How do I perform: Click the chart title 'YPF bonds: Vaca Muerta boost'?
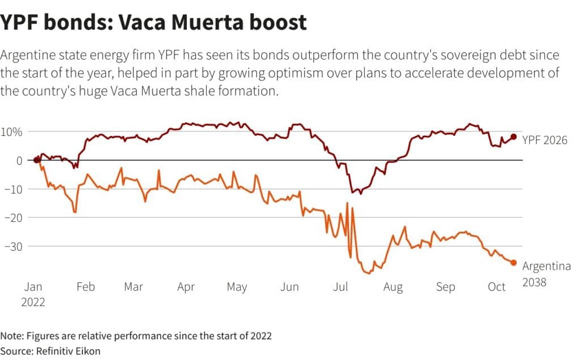point(153,23)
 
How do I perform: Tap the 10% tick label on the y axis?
point(11,132)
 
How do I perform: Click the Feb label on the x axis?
point(85,287)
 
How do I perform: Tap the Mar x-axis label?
point(133,287)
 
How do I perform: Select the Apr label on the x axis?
point(186,287)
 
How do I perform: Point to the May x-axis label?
point(237,287)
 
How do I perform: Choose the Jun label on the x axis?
point(289,287)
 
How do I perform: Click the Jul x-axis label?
point(340,287)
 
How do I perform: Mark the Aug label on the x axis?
point(393,287)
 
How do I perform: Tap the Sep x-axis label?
point(445,287)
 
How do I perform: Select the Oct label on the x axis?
point(497,287)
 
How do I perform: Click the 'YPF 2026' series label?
point(544,140)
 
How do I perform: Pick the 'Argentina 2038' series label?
point(546,273)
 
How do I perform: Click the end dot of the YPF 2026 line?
point(514,136)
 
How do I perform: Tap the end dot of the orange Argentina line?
point(514,262)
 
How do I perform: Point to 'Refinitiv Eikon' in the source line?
point(69,350)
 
